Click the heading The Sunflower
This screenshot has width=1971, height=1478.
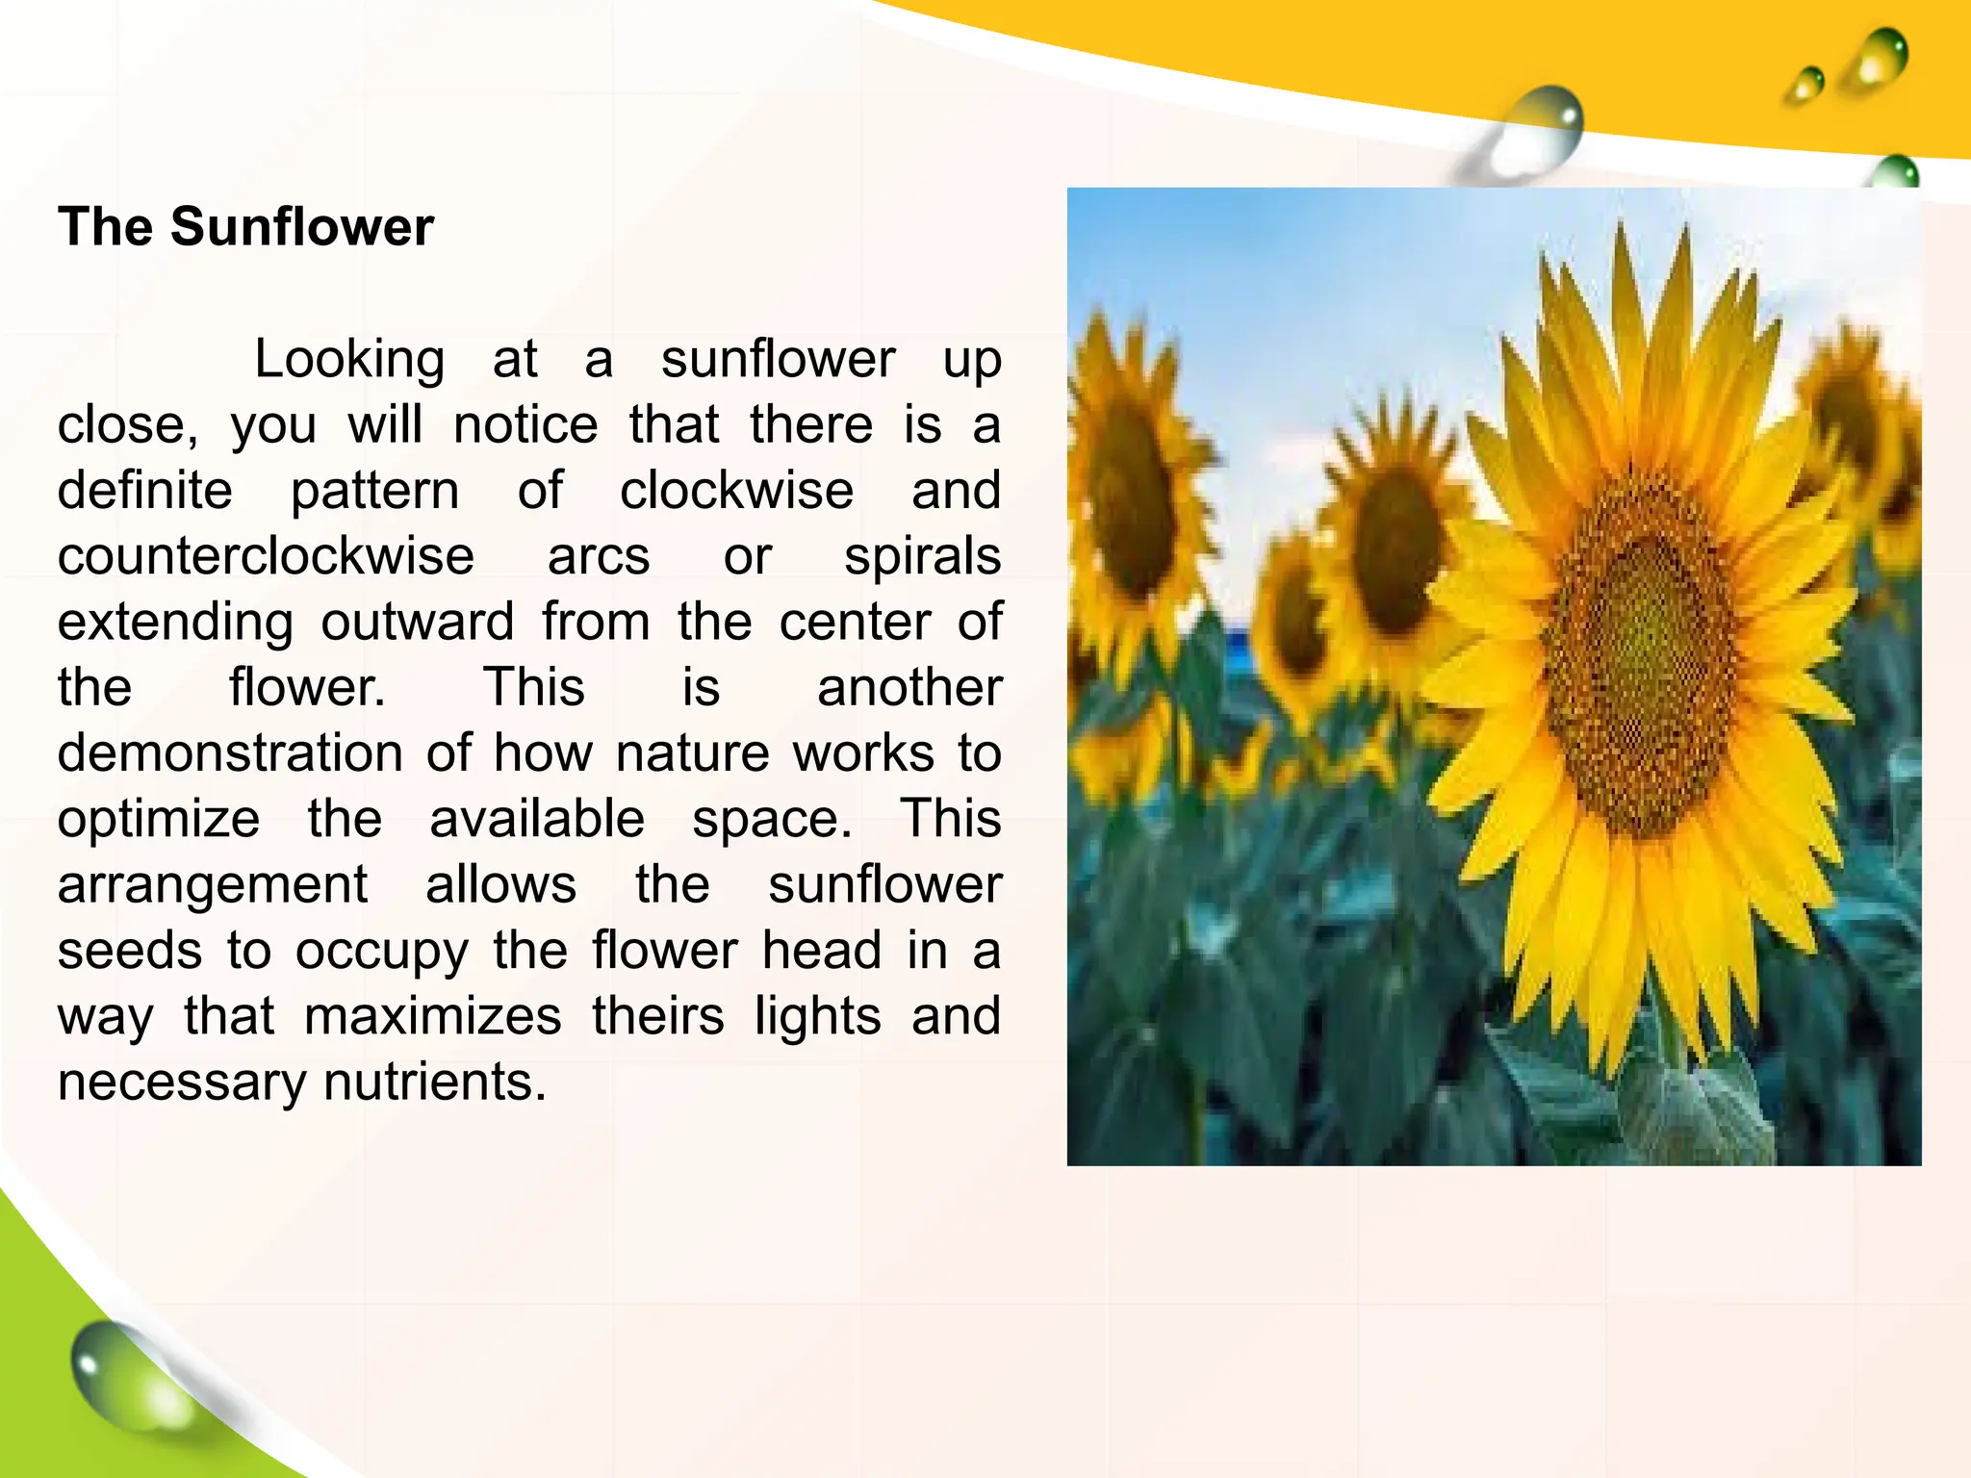[245, 227]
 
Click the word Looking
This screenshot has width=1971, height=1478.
[349, 360]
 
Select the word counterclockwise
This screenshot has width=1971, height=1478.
[266, 556]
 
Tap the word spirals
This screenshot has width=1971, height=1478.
[922, 556]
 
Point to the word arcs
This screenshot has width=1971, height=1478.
[599, 556]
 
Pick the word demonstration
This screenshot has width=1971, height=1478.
[230, 752]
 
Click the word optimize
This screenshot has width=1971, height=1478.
[159, 819]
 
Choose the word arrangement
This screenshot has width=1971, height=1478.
[213, 884]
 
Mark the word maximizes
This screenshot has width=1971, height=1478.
[433, 1016]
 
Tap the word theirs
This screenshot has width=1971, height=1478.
[657, 1016]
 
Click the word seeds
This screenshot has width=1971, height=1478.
[130, 951]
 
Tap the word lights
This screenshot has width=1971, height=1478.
[817, 1016]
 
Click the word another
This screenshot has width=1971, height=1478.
[909, 687]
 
